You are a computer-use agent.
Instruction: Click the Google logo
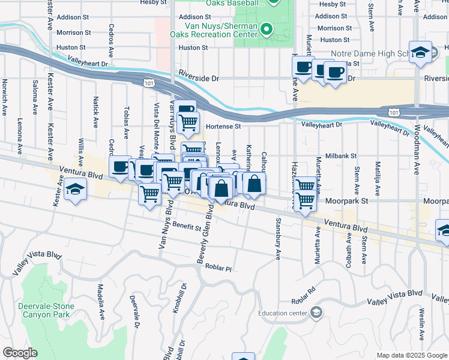tap(19, 353)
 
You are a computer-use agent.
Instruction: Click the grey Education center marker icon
tap(316, 313)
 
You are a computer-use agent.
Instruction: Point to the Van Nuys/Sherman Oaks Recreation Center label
tap(213, 29)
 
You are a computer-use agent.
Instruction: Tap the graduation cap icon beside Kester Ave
tap(74, 190)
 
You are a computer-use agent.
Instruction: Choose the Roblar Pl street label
tap(218, 267)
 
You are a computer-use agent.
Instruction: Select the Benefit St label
tap(186, 226)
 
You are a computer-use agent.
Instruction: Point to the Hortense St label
tap(223, 127)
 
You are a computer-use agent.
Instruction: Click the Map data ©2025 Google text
tap(411, 355)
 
